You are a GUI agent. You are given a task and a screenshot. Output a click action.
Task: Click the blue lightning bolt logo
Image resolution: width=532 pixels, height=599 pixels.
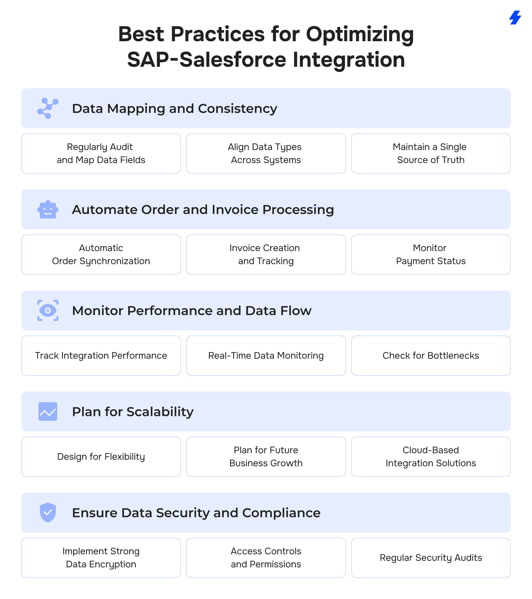[x=515, y=18]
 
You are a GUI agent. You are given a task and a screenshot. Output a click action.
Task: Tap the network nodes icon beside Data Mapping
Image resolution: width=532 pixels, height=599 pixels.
[x=48, y=108]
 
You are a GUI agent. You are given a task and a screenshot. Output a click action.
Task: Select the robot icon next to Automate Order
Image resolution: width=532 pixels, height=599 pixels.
[x=48, y=210]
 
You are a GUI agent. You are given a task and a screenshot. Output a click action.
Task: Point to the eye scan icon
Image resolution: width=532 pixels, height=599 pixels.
[x=48, y=310]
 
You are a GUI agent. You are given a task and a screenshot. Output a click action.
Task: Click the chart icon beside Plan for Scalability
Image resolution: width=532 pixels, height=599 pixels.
[x=48, y=411]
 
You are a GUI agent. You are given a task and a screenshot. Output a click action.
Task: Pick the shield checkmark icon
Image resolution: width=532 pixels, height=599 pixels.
[x=48, y=513]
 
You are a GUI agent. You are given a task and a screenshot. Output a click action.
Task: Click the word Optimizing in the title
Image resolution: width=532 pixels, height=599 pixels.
[x=360, y=35]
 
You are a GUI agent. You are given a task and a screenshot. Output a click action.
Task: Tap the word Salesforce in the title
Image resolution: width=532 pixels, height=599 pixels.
[x=233, y=60]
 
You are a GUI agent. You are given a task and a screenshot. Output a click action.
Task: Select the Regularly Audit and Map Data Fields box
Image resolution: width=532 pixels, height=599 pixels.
[x=101, y=153]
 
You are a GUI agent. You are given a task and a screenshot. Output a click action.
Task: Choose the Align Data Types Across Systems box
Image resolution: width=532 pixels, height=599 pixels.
[x=266, y=153]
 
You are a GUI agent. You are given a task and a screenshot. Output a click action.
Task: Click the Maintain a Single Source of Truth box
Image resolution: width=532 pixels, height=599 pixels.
[x=431, y=153]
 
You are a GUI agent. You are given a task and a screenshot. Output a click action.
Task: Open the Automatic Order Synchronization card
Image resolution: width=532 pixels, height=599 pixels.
[x=101, y=255]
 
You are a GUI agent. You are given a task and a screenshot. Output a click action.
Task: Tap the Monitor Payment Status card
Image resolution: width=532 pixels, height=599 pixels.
[x=431, y=255]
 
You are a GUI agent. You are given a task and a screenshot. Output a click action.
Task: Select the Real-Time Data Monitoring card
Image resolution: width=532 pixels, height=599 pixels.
[x=266, y=355]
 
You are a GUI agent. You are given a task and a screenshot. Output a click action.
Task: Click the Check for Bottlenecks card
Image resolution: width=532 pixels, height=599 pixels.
[x=431, y=355]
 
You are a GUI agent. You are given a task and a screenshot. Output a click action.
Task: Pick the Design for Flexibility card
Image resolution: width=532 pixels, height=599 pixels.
[x=101, y=457]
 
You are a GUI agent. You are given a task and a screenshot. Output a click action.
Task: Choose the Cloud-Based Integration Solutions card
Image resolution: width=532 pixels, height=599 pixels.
[x=431, y=457]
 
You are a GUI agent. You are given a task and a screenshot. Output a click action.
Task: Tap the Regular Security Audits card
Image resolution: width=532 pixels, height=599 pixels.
[x=431, y=558]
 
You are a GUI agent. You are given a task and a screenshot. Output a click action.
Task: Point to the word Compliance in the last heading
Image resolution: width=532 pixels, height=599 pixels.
[x=281, y=513]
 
